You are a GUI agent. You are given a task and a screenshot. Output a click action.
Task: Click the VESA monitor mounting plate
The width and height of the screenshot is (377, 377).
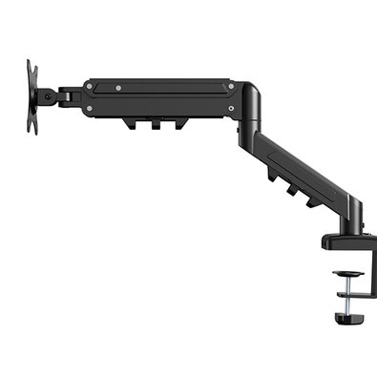coord(31,95)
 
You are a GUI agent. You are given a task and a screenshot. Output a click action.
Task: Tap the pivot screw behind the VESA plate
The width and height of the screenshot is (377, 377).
coord(44,94)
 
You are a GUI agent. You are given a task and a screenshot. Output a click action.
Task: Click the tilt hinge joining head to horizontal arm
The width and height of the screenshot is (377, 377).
coord(69,94)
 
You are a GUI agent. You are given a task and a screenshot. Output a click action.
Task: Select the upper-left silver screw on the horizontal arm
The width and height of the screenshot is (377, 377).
coord(89,85)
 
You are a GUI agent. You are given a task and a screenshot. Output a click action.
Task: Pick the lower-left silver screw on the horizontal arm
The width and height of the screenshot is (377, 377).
coord(89,109)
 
